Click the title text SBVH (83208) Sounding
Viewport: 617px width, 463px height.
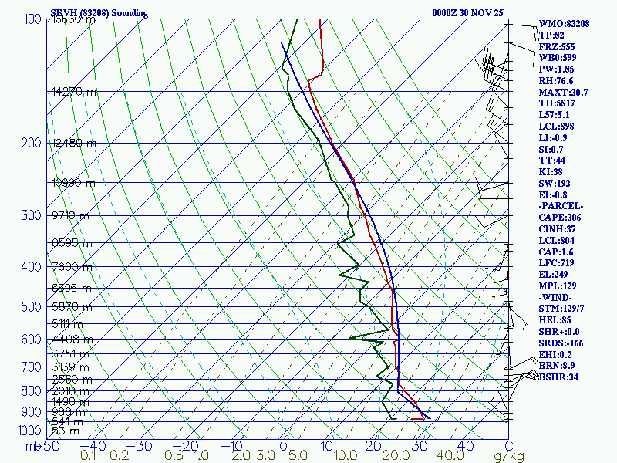coord(99,13)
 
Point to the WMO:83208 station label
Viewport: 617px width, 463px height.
coord(564,24)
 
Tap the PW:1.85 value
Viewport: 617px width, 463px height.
coord(557,69)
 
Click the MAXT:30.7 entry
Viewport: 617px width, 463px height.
coord(563,93)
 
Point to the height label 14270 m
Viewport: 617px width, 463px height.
coord(74,92)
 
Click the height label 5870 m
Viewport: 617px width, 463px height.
coord(71,306)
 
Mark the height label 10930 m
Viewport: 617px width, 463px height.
coord(74,183)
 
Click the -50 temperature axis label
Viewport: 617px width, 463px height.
coord(50,446)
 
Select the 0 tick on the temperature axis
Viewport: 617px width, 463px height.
coord(283,446)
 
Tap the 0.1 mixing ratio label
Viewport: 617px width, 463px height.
coord(88,456)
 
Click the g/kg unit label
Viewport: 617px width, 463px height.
coord(509,456)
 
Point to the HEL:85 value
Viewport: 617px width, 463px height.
coord(555,319)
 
